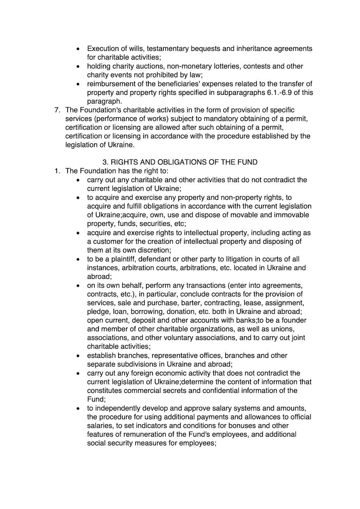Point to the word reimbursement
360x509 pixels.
click(x=110, y=84)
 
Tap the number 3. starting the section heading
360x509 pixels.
click(x=105, y=162)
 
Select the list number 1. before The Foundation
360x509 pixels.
click(x=57, y=171)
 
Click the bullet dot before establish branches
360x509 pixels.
click(x=78, y=356)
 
